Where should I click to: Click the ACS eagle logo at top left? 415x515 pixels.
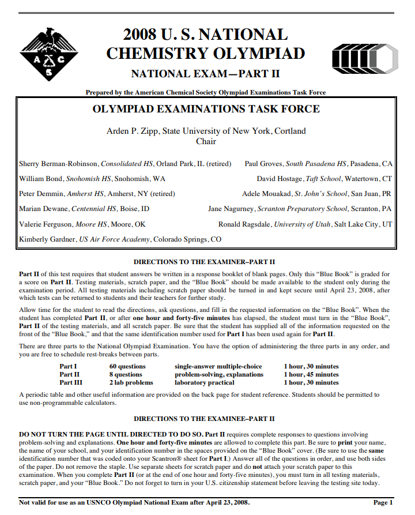(x=48, y=54)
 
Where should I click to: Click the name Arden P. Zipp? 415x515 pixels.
(x=131, y=131)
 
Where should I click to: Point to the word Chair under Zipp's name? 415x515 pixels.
(x=206, y=141)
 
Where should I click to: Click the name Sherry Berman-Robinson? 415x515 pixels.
(x=58, y=164)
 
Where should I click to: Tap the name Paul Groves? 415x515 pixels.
(x=263, y=164)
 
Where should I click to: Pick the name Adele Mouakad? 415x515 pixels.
(x=267, y=194)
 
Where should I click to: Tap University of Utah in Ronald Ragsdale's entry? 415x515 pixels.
(x=302, y=224)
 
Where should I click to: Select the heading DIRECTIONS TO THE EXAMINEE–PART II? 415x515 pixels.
(x=204, y=419)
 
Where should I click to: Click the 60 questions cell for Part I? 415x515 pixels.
(x=127, y=366)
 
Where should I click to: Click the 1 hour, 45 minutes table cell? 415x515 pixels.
(x=311, y=374)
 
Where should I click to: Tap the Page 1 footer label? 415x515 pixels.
(x=383, y=502)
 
